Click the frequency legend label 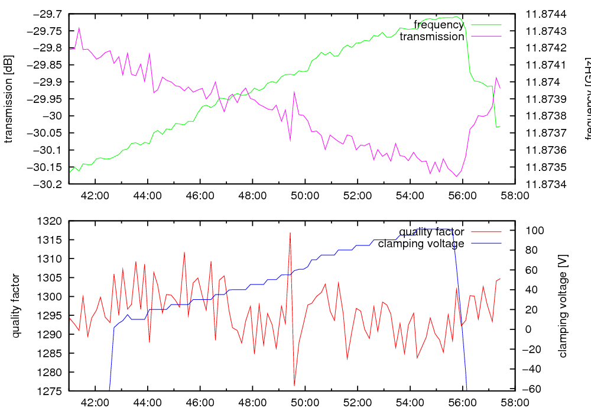click(x=439, y=25)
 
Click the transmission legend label click(x=432, y=37)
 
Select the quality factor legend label click(x=431, y=232)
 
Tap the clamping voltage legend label click(x=421, y=244)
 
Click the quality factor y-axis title click(x=16, y=306)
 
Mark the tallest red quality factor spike click(x=290, y=233)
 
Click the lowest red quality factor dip click(x=294, y=386)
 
